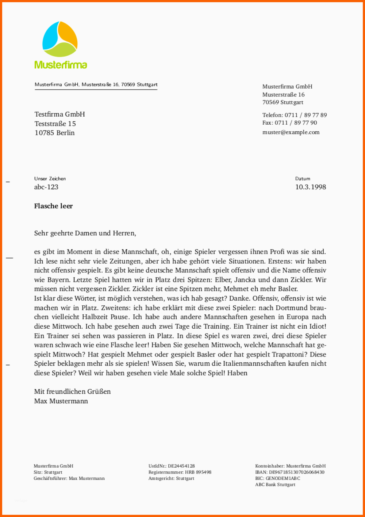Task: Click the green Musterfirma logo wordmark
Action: click(x=61, y=65)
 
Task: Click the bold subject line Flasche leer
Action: click(x=53, y=206)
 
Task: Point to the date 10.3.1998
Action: click(x=310, y=187)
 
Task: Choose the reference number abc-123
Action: click(x=46, y=187)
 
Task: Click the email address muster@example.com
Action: click(x=291, y=132)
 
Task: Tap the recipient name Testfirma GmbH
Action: click(x=59, y=114)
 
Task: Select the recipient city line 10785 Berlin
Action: click(x=54, y=133)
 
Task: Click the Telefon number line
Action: click(x=294, y=115)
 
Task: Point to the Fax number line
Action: click(x=289, y=123)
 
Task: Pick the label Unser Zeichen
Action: click(x=50, y=179)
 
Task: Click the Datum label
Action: click(x=303, y=179)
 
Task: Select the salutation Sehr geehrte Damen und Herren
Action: click(x=85, y=233)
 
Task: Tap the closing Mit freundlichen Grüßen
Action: click(x=72, y=392)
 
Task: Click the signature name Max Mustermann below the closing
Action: click(x=61, y=401)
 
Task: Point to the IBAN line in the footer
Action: click(x=289, y=472)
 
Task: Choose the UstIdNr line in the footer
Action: click(x=172, y=466)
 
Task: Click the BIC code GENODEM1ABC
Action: click(x=283, y=479)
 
